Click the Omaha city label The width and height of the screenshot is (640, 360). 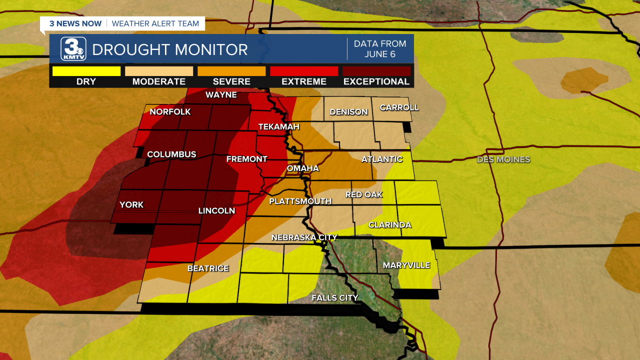[302, 168]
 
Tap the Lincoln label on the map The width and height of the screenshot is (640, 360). [216, 211]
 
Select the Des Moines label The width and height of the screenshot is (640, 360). [503, 159]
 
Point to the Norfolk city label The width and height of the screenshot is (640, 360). [170, 112]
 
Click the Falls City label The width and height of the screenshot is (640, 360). [334, 298]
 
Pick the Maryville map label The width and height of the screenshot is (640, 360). [406, 265]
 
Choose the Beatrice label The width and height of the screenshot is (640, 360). [208, 268]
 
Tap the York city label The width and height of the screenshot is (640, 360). [131, 204]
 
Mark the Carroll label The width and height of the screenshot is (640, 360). [399, 107]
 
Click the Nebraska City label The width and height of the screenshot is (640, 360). [304, 237]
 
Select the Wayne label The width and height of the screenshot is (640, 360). [221, 95]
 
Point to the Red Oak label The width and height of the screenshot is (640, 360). [364, 194]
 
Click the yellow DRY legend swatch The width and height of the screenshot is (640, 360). [86, 71]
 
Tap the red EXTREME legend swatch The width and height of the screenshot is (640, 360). [304, 71]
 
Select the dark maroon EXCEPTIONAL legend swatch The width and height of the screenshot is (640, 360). [376, 71]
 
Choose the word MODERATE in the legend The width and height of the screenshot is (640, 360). [159, 81]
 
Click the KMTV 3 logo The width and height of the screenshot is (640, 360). [73, 49]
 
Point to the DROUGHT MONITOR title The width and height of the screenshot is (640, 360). [170, 50]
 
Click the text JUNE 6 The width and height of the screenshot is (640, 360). [380, 54]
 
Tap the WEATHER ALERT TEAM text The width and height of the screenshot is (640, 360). [155, 23]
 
